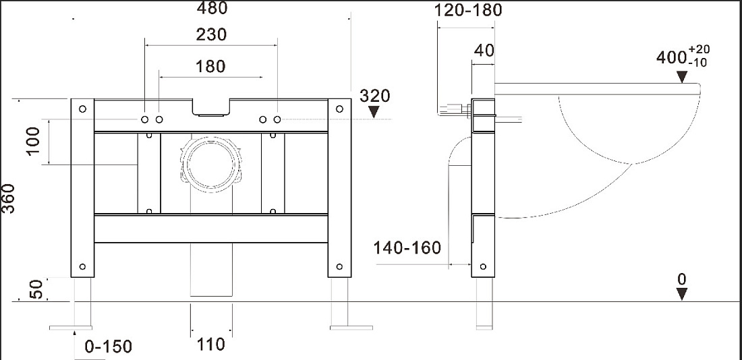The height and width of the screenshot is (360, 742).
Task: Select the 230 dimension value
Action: (210, 34)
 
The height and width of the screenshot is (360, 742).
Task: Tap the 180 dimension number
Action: (210, 67)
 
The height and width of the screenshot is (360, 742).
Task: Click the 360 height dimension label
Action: (9, 198)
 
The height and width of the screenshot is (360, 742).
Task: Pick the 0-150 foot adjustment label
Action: (109, 347)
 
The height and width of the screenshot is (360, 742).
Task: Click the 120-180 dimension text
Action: (468, 9)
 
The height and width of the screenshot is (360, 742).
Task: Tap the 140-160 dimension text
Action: (407, 247)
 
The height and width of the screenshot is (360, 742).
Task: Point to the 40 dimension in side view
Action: (484, 50)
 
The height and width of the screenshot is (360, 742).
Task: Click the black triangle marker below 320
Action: (374, 112)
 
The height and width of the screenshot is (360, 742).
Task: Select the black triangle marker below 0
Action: (681, 294)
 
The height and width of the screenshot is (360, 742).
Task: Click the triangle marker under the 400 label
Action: (681, 77)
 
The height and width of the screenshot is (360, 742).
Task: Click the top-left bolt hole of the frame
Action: (82, 109)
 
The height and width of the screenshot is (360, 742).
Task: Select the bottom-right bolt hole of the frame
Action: (339, 267)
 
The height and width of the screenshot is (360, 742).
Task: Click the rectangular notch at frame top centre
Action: (210, 107)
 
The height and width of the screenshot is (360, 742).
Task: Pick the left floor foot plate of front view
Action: (71, 328)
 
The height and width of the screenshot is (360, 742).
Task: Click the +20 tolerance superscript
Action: (700, 49)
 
